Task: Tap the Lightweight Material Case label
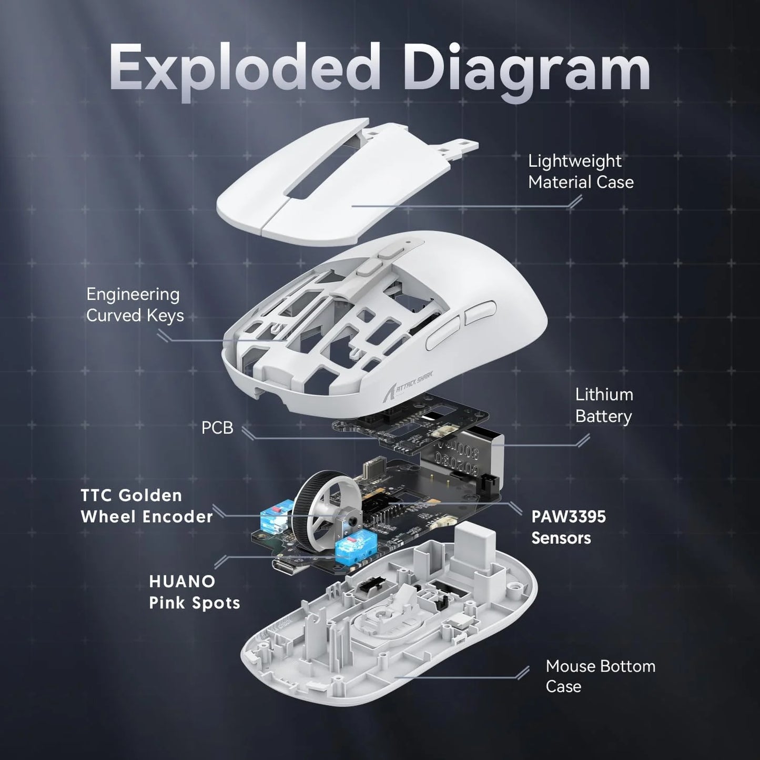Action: coord(581,171)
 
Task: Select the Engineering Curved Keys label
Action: coord(135,305)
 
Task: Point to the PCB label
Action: coord(217,428)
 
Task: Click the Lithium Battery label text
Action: coord(604,406)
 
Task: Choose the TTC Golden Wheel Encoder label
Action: coord(147,506)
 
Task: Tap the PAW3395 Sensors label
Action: coord(569,527)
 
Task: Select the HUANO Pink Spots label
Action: coord(195,592)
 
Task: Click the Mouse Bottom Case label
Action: coord(600,676)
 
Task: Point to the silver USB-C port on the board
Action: coord(289,567)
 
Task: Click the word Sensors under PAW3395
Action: coord(561,538)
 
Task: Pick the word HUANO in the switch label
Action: coord(182,582)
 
